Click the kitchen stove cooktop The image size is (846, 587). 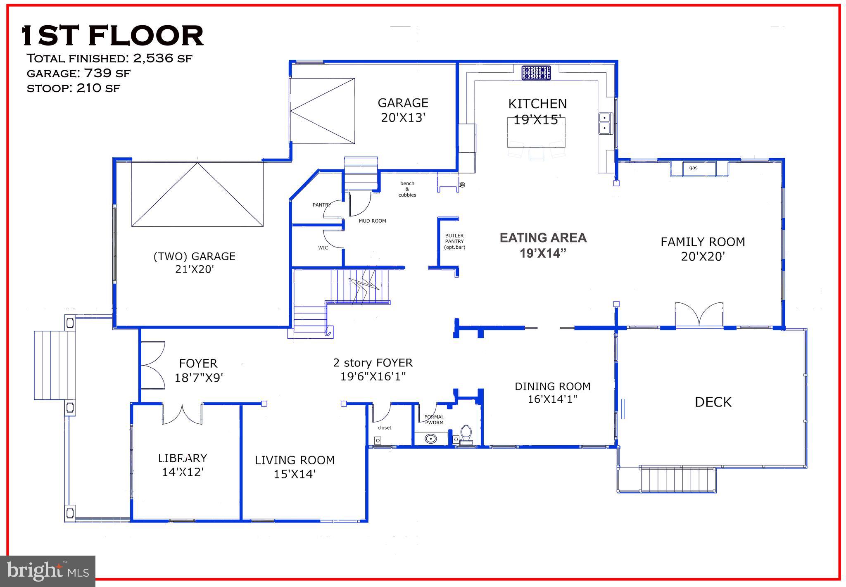(536, 73)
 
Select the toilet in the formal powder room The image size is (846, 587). (466, 434)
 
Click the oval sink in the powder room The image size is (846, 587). (431, 438)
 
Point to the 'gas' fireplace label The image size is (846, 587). (693, 168)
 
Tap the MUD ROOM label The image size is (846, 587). (372, 221)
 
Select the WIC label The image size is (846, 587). (323, 248)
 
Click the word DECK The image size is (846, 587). (713, 402)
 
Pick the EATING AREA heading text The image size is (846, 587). (543, 238)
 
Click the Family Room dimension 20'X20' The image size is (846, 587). (703, 257)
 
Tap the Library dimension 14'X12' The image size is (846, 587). (183, 472)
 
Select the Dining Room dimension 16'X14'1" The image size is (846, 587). (552, 399)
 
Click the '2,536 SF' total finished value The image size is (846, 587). (162, 58)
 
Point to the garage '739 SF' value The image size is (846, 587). (107, 73)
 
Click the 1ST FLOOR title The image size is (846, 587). (112, 36)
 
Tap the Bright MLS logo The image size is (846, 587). (48, 571)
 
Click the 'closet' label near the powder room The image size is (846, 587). (385, 428)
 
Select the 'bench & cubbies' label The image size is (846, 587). (407, 189)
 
